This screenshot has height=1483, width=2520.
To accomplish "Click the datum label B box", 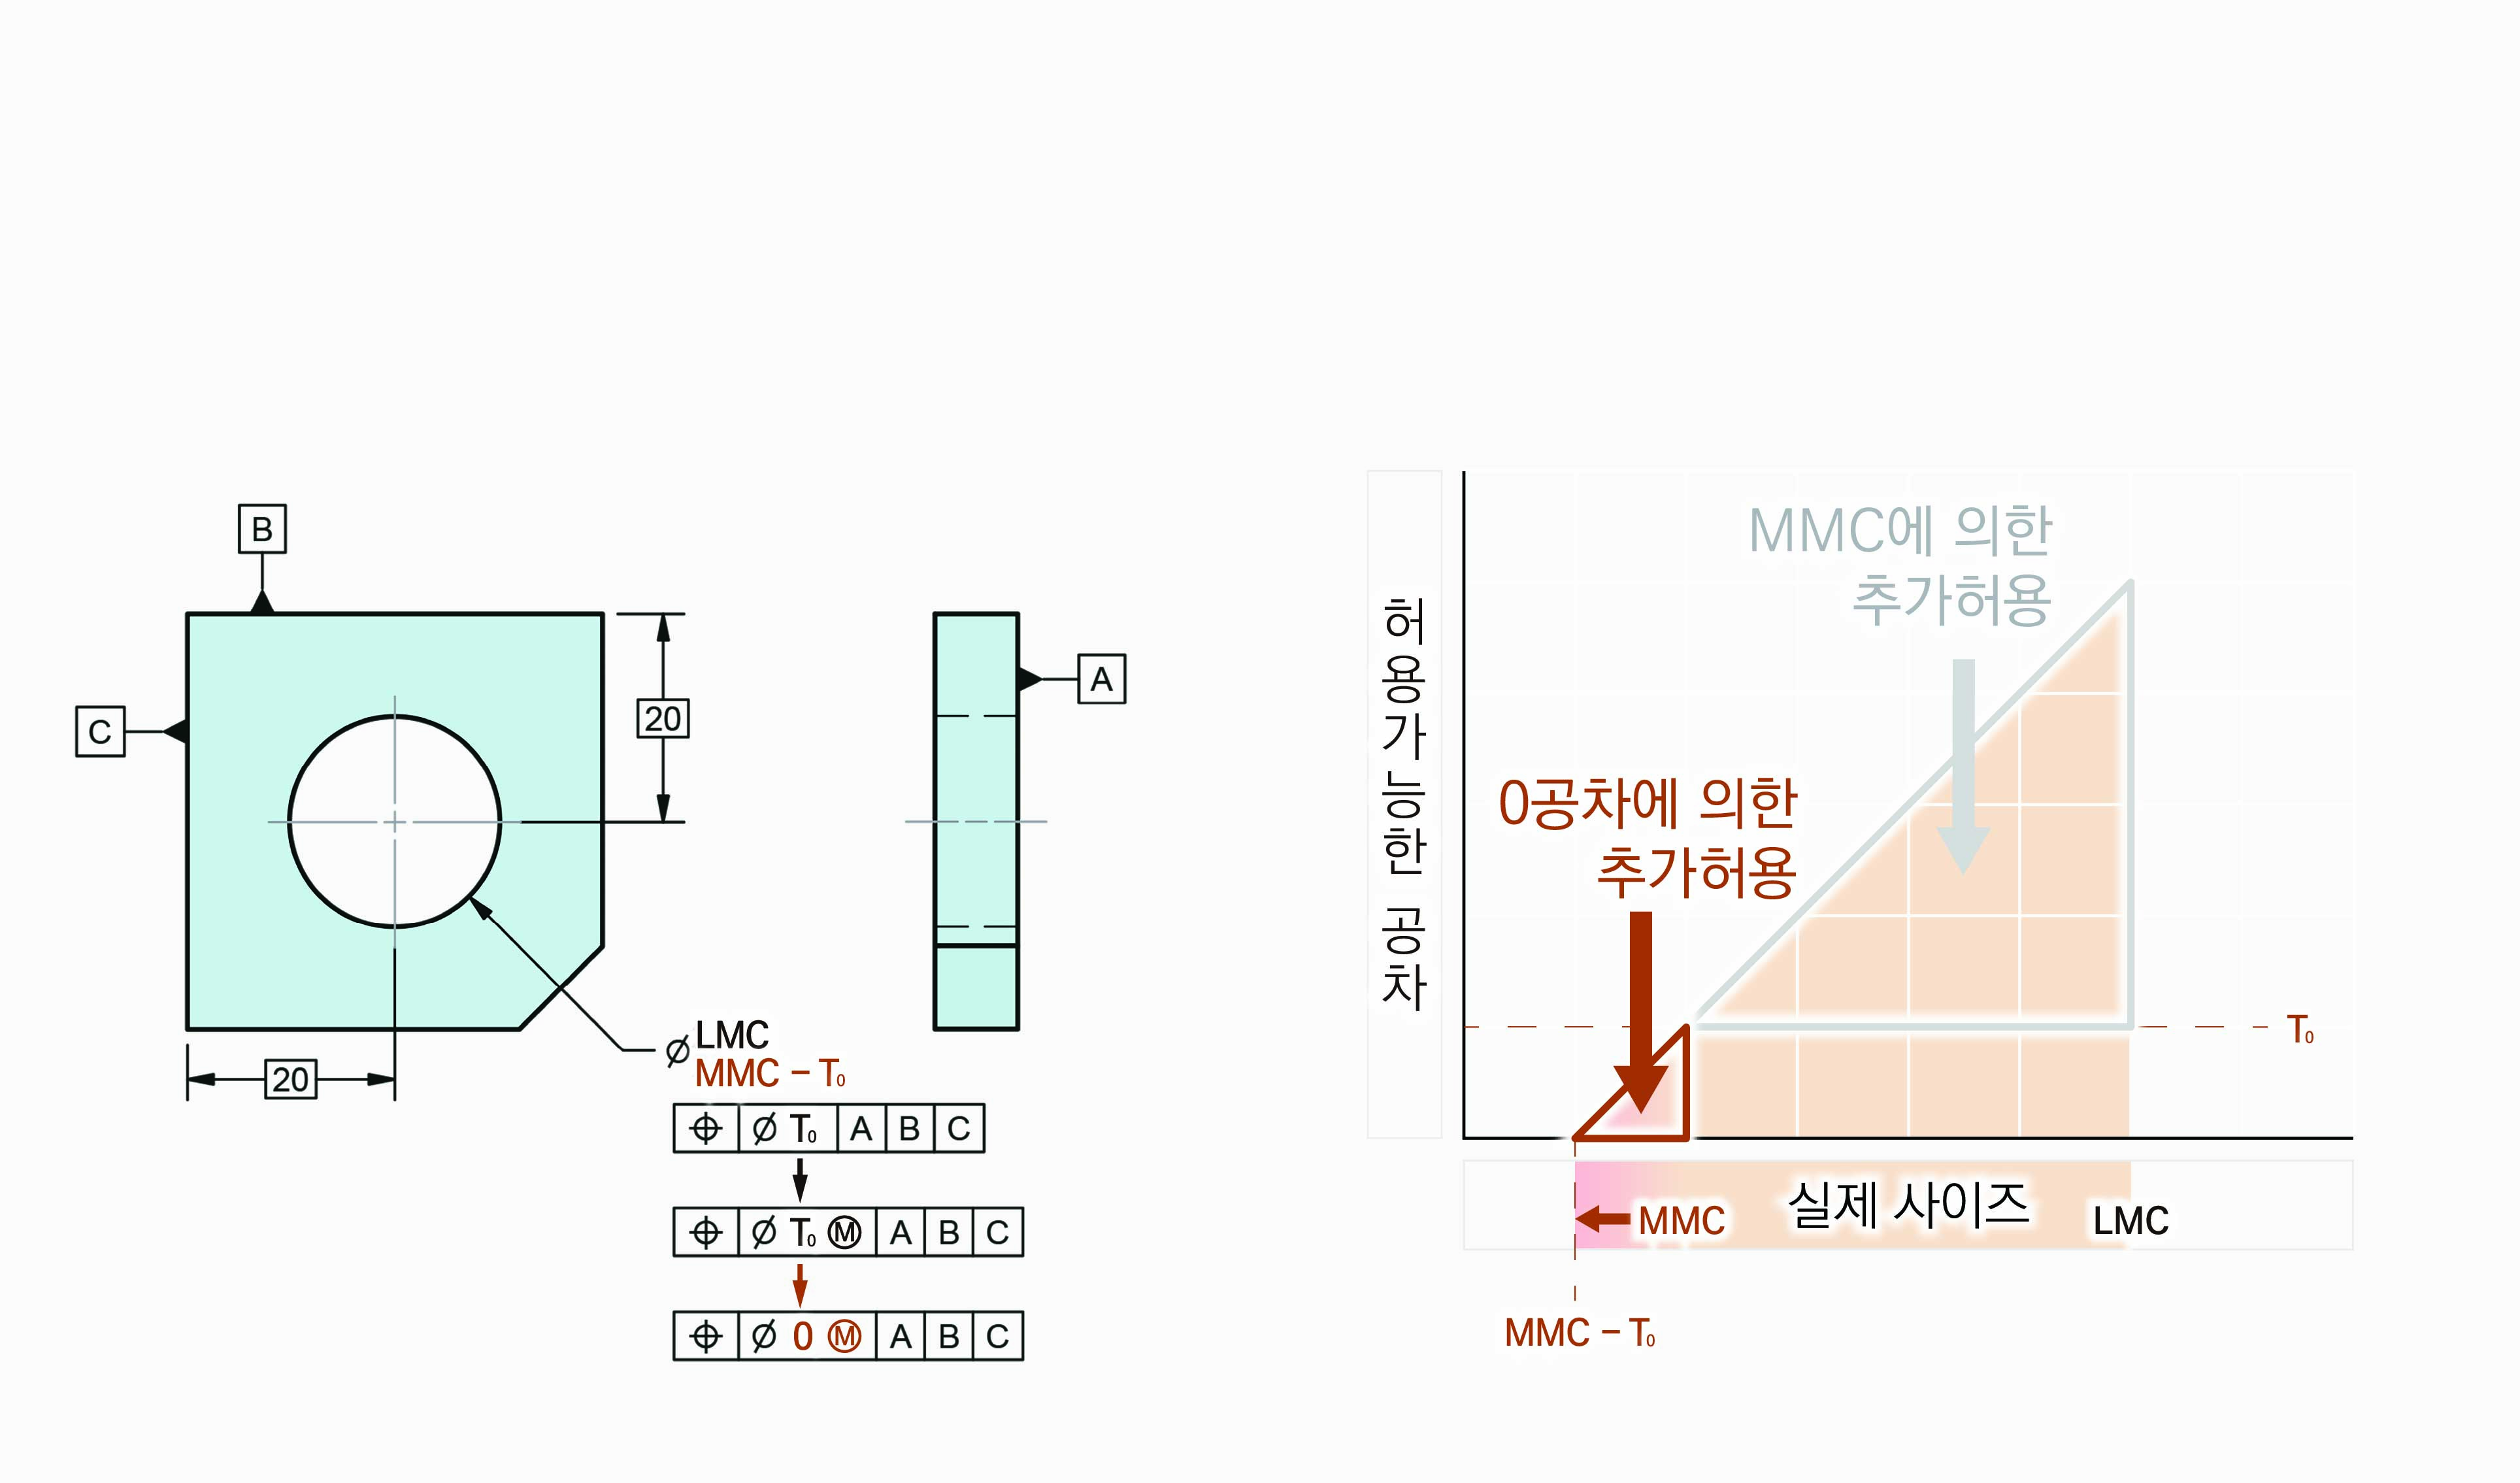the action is point(262,528).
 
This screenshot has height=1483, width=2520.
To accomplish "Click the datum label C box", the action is point(100,731).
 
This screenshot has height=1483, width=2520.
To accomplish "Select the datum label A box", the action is point(1101,679).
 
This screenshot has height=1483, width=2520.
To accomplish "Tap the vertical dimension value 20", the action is point(663,718).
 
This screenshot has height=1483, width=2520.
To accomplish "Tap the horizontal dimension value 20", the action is point(291,1079).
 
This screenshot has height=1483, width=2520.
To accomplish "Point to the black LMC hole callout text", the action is point(732,1035).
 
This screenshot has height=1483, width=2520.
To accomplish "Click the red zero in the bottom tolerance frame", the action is point(802,1336).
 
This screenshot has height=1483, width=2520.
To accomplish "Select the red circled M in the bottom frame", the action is point(845,1336).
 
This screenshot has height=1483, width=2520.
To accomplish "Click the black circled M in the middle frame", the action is point(845,1232).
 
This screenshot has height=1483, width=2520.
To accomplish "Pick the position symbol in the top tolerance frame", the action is point(706,1128).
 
